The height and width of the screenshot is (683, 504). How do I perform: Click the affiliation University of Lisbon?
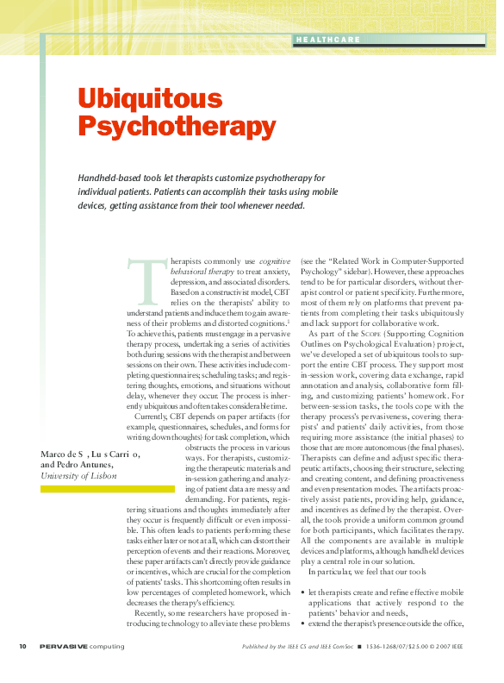coord(78,475)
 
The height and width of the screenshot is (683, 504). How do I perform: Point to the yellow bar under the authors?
coord(95,488)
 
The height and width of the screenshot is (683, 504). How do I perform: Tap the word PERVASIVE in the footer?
coord(65,646)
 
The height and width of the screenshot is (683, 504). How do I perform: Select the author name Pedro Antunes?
coord(86,464)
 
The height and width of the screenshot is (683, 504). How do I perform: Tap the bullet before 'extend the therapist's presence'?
coord(302,623)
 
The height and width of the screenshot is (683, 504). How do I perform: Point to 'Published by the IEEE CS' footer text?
coord(289,646)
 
